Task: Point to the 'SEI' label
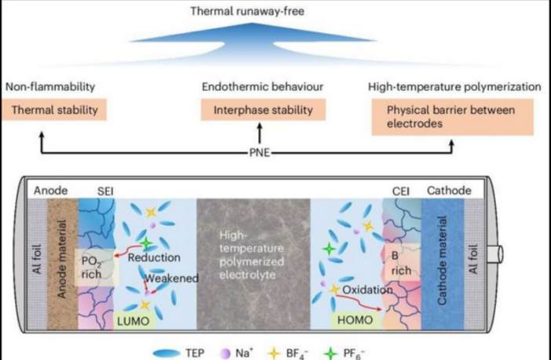pyautogui.click(x=106, y=191)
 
